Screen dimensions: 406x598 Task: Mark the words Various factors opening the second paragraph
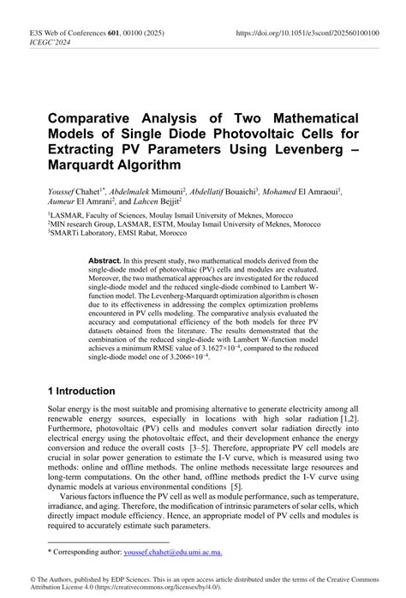[x=93, y=494]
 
